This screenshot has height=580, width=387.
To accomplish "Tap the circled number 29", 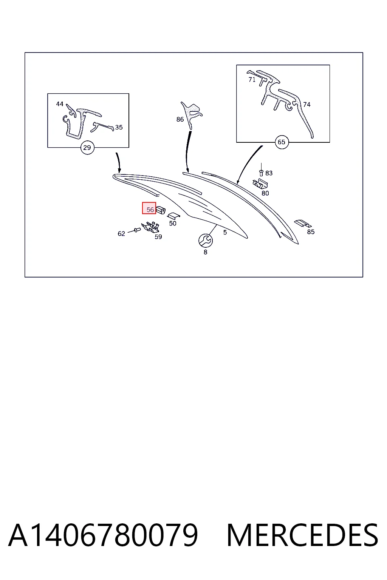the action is (87, 148).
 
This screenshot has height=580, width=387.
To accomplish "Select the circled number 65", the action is (282, 142).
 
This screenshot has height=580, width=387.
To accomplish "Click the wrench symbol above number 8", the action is (206, 241).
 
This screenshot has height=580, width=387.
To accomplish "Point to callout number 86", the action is (180, 119).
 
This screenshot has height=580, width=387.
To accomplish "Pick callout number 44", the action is (60, 104).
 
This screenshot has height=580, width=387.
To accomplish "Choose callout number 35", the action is (119, 127).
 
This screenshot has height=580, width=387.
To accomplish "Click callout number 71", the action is (252, 80).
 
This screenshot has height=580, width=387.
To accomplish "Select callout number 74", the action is (307, 105).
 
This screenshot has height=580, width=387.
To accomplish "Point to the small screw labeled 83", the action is (261, 173).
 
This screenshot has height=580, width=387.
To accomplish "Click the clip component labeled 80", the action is (260, 183).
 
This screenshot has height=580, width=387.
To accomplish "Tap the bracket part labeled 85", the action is (303, 224).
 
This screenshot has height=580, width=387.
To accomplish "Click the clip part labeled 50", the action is (173, 216).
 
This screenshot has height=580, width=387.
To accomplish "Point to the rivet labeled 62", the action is (136, 230).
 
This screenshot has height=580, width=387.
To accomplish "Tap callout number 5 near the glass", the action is (225, 233).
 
